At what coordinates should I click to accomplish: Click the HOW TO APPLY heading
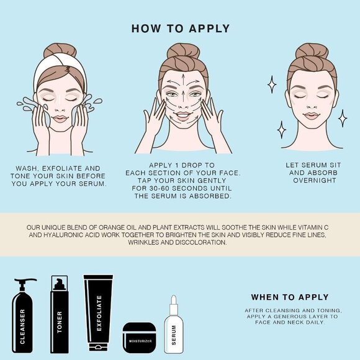181,29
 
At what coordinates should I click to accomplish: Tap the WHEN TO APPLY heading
290,297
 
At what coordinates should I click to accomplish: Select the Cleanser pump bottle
22,317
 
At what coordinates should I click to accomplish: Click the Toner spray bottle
59,314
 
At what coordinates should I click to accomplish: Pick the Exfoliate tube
99,313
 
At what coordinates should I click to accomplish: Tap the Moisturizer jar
140,338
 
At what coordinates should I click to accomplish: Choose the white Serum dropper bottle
174,325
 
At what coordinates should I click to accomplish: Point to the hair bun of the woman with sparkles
312,51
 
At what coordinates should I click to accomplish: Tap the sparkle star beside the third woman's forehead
272,84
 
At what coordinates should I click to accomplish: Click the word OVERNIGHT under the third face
315,181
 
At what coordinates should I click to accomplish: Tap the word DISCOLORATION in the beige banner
201,242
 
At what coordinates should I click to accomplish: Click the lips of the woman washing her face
60,119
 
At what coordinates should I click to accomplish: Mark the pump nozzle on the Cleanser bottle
25,281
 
